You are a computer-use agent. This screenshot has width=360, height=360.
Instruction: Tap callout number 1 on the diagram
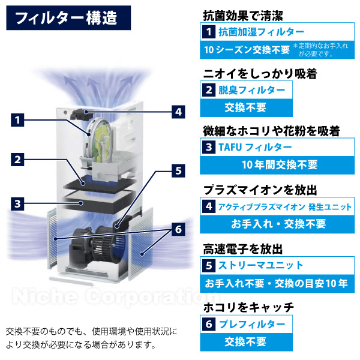(19, 120)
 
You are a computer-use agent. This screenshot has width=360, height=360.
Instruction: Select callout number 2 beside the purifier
(19, 160)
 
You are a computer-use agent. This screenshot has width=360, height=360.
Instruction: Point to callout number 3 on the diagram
(19, 203)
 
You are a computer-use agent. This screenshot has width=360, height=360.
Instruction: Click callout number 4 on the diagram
(178, 111)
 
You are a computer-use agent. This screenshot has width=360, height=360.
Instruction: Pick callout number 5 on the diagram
(178, 170)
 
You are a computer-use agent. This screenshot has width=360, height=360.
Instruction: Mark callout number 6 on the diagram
(178, 229)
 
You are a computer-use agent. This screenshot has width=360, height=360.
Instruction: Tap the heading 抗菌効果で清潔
(241, 13)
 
